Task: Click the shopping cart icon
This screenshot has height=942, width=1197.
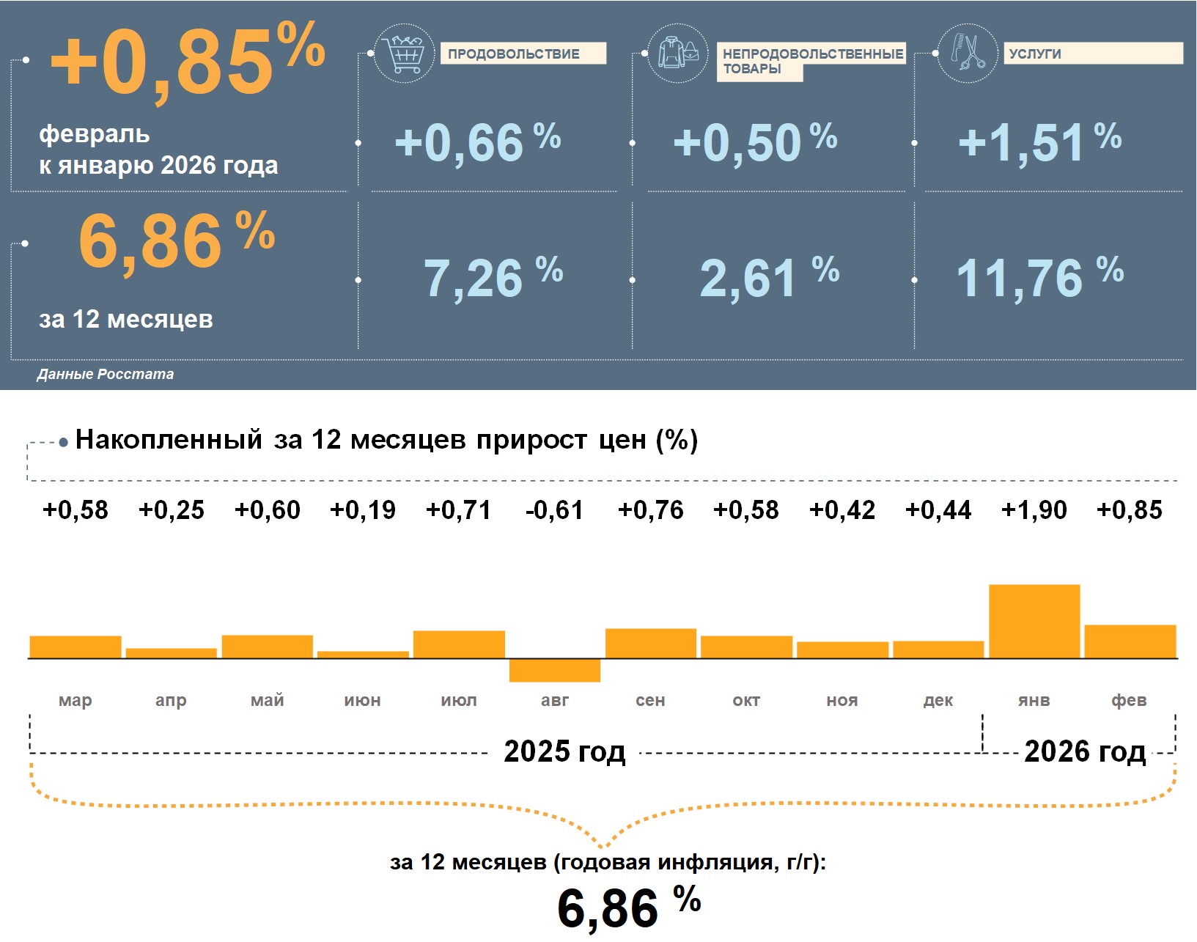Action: coord(403,53)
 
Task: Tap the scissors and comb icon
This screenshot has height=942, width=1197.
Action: coord(968,53)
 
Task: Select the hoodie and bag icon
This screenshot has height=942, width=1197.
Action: coord(678,53)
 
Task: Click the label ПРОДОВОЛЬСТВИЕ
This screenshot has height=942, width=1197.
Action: coord(514,54)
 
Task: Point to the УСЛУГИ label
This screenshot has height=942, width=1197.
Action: coord(1035,54)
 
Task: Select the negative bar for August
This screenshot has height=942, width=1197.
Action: coord(555,670)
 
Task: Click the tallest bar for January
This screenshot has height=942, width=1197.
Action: coord(1034,621)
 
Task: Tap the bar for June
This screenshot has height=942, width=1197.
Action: coord(363,655)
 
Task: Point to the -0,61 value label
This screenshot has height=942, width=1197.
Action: coord(554,510)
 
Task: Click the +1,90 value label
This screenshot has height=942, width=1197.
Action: coord(1034,510)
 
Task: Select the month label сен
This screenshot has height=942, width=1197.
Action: coord(650,701)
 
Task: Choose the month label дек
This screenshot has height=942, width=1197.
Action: coord(938,701)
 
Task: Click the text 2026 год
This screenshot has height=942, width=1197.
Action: coord(1084,751)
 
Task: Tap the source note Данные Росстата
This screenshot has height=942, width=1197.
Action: coord(106,374)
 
